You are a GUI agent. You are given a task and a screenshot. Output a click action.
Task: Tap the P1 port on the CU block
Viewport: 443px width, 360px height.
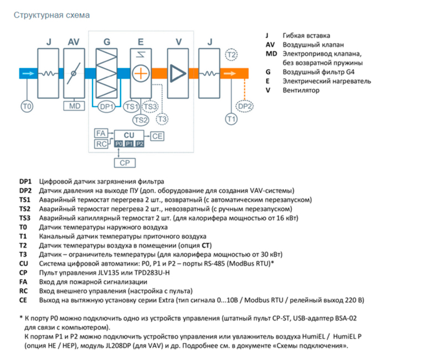[x=129, y=144]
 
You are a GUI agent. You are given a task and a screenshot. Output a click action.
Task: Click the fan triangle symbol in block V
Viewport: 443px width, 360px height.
[x=178, y=74]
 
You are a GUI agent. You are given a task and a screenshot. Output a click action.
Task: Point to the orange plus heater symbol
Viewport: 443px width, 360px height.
[x=141, y=74]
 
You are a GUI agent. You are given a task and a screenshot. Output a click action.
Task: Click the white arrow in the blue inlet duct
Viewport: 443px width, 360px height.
[x=28, y=74]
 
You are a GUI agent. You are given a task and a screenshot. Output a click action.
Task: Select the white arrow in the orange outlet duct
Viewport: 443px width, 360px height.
[x=230, y=74]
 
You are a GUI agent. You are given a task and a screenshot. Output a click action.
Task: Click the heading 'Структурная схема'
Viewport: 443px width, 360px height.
[x=51, y=15]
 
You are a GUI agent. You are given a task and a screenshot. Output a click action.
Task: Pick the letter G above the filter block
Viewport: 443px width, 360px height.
[x=107, y=42]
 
